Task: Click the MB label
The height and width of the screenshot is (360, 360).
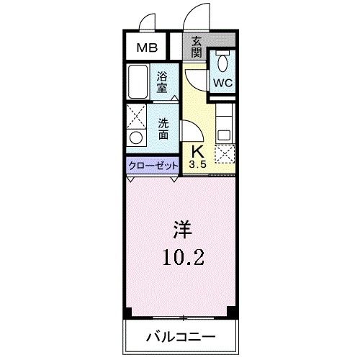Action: pos(148,49)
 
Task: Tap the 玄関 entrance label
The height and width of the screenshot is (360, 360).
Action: pos(196,48)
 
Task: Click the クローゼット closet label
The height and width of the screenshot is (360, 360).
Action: pos(153,166)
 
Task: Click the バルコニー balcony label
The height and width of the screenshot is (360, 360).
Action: pos(181,336)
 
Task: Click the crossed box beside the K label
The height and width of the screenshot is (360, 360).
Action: pos(224,153)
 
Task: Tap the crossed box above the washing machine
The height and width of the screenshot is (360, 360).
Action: pos(135,115)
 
